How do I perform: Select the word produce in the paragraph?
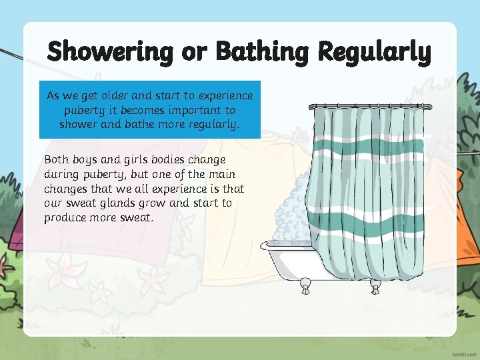click(x=65, y=218)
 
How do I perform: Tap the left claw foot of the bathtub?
click(x=305, y=287)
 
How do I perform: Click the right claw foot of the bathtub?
click(x=375, y=287)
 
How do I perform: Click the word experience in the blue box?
click(x=225, y=96)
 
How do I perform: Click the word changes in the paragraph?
click(x=65, y=189)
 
